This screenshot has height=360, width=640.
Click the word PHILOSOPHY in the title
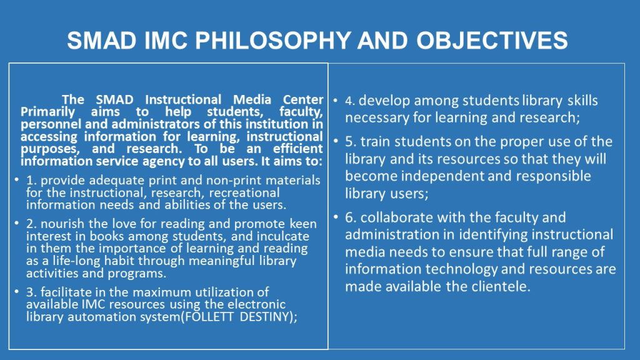coord(272,41)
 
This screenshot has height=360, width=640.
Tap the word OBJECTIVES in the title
coord(492,41)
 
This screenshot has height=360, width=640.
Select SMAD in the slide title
coord(102,41)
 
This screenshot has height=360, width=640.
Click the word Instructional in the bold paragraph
coord(183,99)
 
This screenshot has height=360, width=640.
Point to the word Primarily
coord(47,112)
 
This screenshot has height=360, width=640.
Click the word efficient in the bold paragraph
coord(298,149)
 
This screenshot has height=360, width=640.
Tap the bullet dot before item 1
coord(16,179)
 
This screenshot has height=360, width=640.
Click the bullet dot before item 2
coord(16,223)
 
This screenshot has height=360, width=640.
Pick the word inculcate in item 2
coord(283,236)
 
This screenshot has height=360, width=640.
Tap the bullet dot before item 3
coord(16,291)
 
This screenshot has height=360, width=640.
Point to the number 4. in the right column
coord(350,101)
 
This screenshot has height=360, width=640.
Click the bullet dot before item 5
coord(336,141)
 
